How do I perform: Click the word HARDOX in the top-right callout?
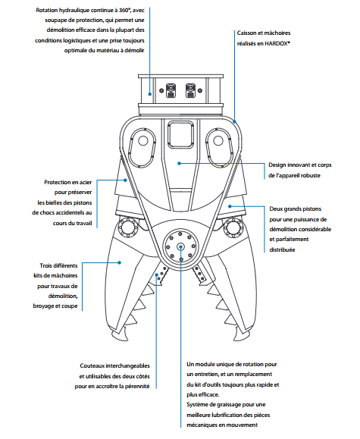(277, 43)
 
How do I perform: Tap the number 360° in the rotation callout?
(124, 10)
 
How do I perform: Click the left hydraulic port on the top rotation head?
(171, 90)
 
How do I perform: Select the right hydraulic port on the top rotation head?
(190, 90)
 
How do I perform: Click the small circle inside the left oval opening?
(143, 140)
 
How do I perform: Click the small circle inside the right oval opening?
(218, 140)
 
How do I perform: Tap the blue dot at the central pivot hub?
(181, 246)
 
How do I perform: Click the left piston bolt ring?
(129, 227)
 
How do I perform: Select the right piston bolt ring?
(233, 227)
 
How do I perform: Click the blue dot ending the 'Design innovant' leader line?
(179, 163)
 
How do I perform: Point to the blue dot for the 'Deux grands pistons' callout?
(230, 206)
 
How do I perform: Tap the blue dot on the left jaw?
(120, 262)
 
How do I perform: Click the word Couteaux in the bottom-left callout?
(92, 365)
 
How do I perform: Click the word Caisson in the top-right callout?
(246, 33)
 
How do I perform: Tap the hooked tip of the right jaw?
(236, 339)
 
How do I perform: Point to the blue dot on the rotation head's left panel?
(150, 94)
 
